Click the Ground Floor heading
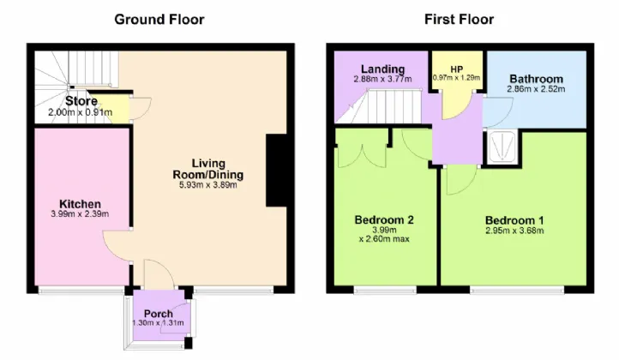tap(159, 20)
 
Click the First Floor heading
tap(459, 20)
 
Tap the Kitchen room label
tap(80, 204)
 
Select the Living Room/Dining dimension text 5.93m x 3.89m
tap(208, 185)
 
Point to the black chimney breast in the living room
tap(276, 170)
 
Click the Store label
tap(81, 101)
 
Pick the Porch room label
tap(159, 314)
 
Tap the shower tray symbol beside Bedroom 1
tap(502, 147)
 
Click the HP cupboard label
tap(457, 69)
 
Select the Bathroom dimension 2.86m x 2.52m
tap(536, 89)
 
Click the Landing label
tap(383, 69)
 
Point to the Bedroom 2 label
tap(384, 220)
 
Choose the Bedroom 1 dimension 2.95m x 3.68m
tap(514, 231)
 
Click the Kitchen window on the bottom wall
tap(81, 291)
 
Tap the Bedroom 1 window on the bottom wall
tap(517, 291)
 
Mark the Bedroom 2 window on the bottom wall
tap(385, 291)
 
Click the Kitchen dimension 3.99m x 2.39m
tap(80, 214)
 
